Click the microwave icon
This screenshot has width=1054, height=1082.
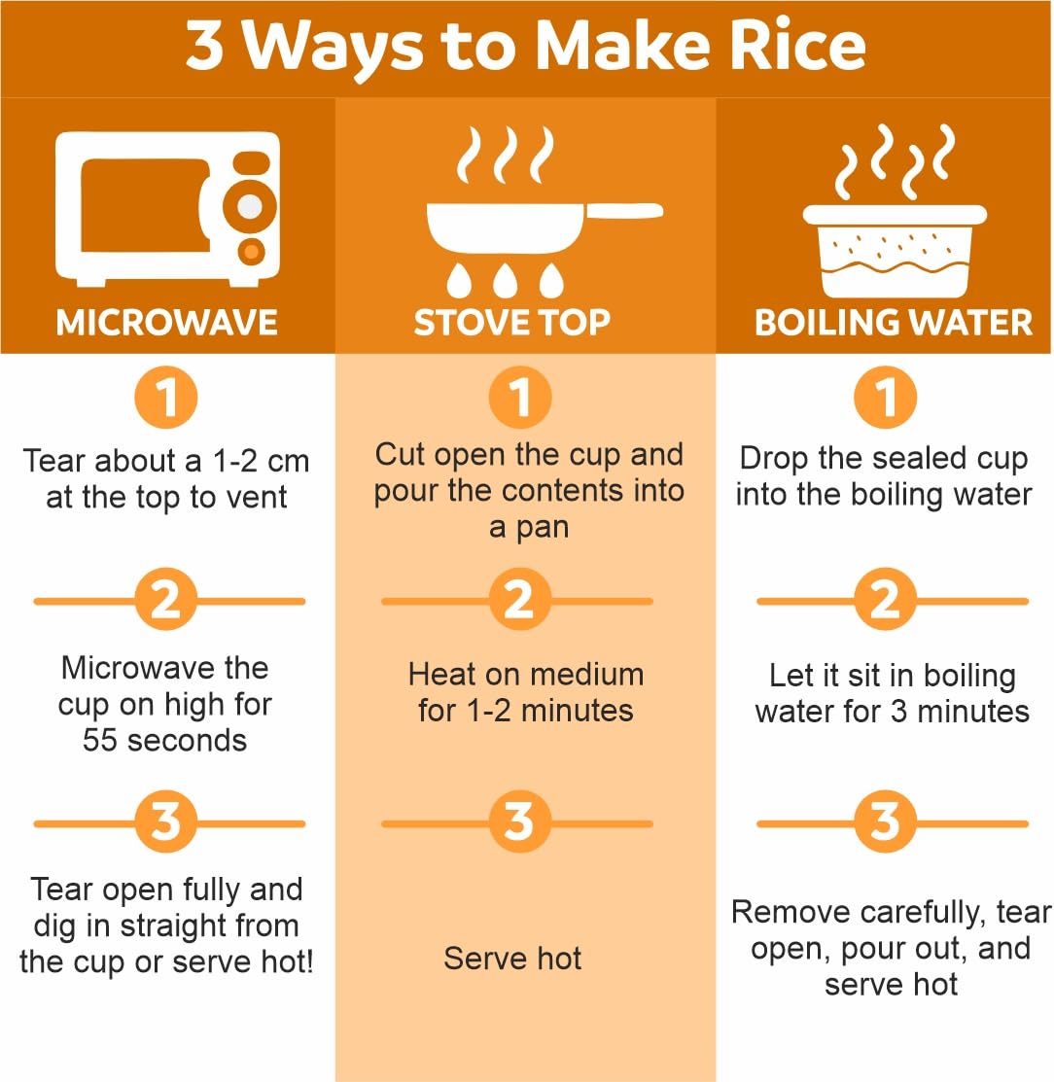click(x=168, y=208)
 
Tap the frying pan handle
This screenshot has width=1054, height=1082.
click(x=624, y=211)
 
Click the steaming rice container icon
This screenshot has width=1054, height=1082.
click(x=895, y=213)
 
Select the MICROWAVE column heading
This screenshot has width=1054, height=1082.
click(x=167, y=322)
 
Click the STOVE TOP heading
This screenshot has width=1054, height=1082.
click(x=512, y=322)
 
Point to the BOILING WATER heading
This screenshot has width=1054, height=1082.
click(x=894, y=322)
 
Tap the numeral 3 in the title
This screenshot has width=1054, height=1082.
click(x=204, y=46)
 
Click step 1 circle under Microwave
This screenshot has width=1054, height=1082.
click(x=165, y=398)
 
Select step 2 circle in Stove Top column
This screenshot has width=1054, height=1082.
click(x=520, y=599)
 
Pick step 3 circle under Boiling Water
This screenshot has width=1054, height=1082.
click(x=886, y=821)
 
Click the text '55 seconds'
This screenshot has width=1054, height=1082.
click(x=164, y=741)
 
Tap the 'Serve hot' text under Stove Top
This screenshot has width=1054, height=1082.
click(x=512, y=959)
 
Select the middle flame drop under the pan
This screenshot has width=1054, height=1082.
click(x=506, y=279)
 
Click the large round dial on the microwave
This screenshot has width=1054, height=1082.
click(x=250, y=206)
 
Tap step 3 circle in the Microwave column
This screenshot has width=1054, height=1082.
click(x=165, y=821)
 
